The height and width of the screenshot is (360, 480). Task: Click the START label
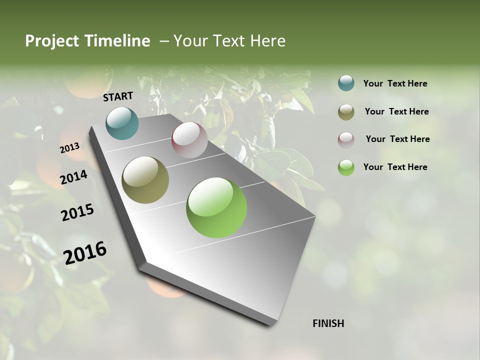(118, 96)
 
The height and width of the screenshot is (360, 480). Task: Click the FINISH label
(328, 323)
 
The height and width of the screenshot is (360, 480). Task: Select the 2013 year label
(69, 148)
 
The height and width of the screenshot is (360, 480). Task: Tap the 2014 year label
(73, 177)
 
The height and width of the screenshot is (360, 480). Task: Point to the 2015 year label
(77, 212)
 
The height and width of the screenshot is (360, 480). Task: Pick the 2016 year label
(85, 252)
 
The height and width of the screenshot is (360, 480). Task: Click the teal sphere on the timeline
(122, 123)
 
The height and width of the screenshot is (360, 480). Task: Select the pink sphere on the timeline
(189, 140)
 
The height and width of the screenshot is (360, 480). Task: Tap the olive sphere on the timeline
(145, 180)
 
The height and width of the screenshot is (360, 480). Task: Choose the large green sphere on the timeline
(216, 207)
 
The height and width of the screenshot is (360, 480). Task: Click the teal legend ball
(346, 83)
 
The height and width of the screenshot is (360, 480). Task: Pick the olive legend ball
(346, 112)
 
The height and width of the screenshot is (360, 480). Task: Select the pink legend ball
(346, 139)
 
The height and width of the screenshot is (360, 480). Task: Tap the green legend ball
(346, 167)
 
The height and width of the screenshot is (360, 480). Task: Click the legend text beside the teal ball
(395, 84)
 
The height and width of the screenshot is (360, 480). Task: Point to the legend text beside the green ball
(395, 167)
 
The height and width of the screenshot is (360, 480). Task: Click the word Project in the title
(51, 41)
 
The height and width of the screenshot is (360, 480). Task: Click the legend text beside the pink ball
(397, 139)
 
